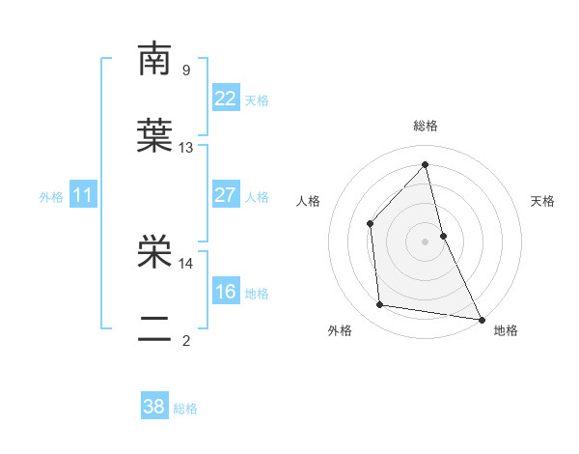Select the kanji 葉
coord(154,136)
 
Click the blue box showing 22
coord(225,99)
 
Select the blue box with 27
coord(225,195)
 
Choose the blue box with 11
coord(83,196)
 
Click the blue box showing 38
coord(154,407)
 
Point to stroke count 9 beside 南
coord(185,70)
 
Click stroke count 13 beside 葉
coord(186,148)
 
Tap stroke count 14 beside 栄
coord(186,263)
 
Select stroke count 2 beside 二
coord(185,340)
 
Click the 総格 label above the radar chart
coord(426,126)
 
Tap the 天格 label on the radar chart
coord(542,201)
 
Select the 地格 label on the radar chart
coord(506,330)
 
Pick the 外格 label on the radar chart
coord(340,330)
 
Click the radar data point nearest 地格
coord(481,318)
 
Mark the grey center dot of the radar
coord(426,241)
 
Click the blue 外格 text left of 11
coord(51,197)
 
